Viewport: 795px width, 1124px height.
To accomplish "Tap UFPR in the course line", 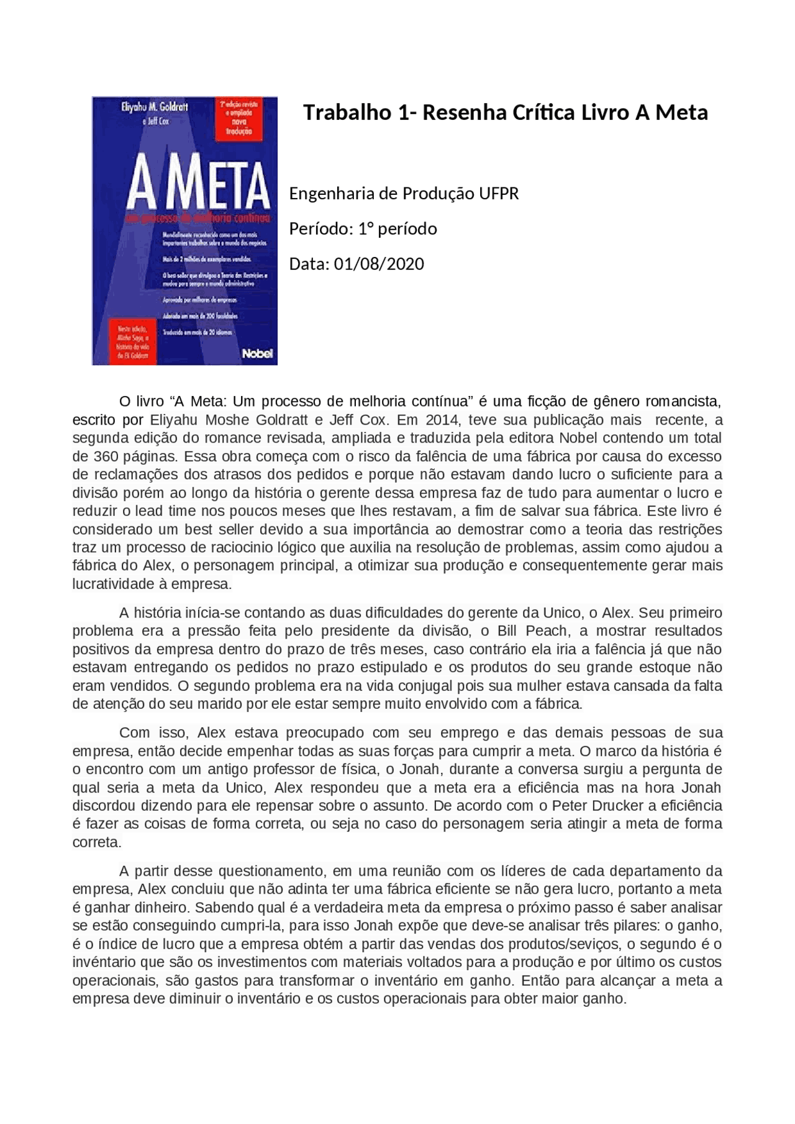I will coord(498,194).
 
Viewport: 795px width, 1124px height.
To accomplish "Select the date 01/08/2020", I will coord(379,264).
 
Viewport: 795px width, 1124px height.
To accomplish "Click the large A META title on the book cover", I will coord(198,186).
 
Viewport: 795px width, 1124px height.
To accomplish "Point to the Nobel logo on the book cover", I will coord(257,353).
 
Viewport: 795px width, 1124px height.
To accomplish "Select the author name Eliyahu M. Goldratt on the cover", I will coord(154,107).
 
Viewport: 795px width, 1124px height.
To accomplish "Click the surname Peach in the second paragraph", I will coord(546,631).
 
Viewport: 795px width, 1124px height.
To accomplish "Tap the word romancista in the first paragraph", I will coord(682,401).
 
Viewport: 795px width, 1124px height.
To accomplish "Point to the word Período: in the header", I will coord(320,229).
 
